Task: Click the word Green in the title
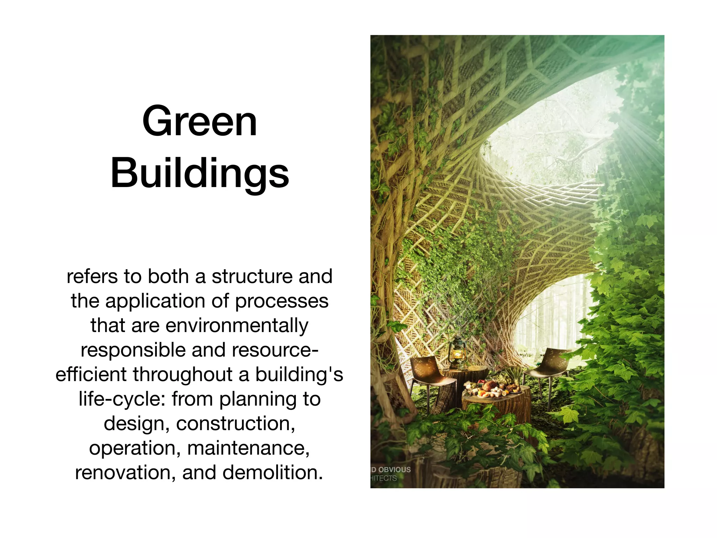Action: pos(200,122)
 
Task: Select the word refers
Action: pos(92,276)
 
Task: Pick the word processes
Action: pos(282,301)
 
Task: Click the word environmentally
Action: pos(237,325)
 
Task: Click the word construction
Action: pos(236,423)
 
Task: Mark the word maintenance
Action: pos(249,448)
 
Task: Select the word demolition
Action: pos(273,473)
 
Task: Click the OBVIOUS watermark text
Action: pos(394,470)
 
